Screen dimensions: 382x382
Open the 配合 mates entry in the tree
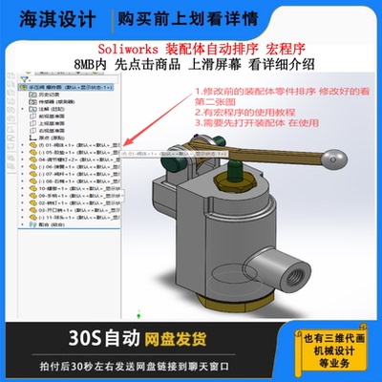tap(44, 227)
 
